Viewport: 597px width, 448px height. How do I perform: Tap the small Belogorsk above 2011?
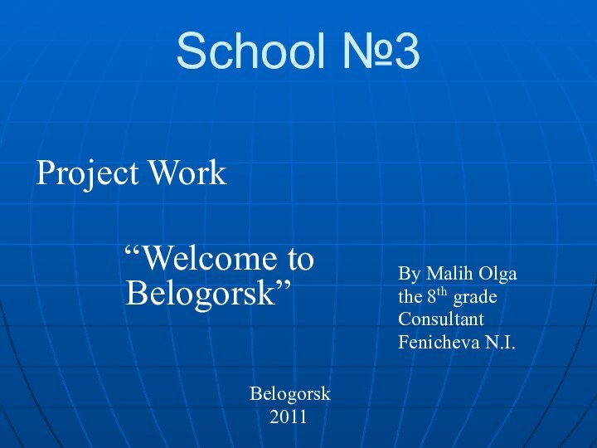click(290, 393)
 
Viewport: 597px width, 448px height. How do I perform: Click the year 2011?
click(289, 416)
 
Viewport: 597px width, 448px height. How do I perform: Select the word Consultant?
click(441, 319)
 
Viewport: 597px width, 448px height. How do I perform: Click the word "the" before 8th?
click(410, 296)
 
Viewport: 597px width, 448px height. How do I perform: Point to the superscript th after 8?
click(443, 291)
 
